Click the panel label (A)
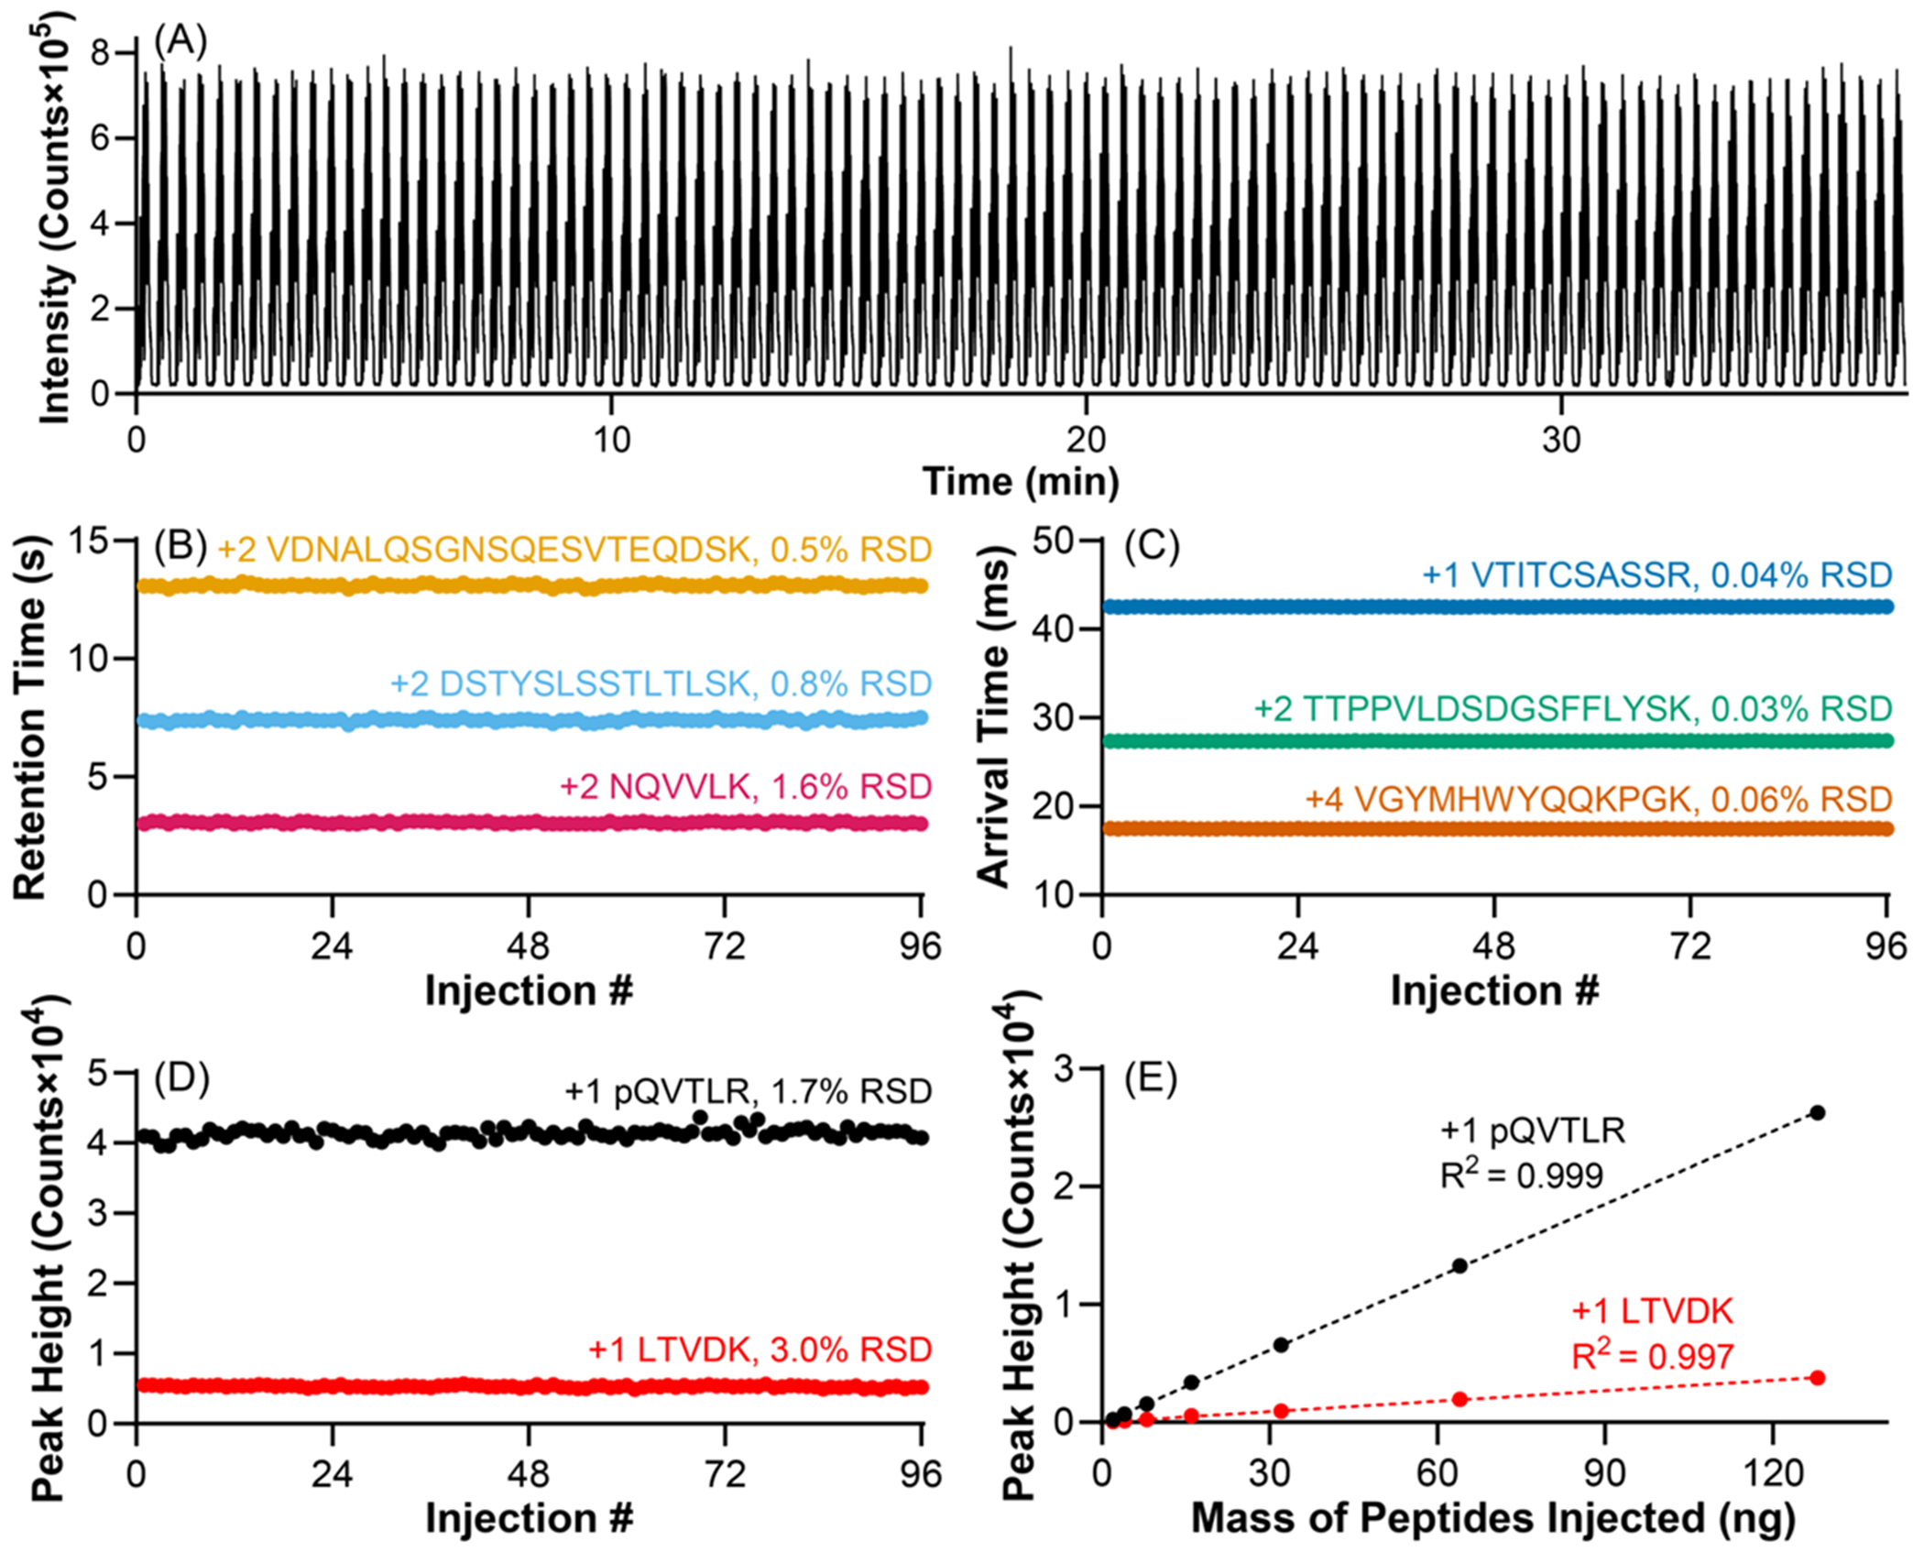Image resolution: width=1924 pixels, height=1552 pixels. coord(180,42)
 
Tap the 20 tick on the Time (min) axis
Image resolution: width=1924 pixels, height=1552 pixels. coord(1086,441)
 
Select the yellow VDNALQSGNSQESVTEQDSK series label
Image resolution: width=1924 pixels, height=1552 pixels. coord(574,549)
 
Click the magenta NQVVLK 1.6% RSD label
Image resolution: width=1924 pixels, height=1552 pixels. coord(746,786)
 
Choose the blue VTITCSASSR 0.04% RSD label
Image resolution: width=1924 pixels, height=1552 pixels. coord(1656,574)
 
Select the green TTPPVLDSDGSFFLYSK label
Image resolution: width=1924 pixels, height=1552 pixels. coord(1572,708)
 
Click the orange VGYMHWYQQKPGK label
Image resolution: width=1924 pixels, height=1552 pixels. coord(1598,799)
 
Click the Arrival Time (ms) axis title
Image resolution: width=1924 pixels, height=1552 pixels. coord(994,716)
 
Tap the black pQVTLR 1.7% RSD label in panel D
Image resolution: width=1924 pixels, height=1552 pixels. coord(748,1091)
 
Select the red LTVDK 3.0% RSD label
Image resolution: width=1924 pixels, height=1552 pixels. coord(760,1350)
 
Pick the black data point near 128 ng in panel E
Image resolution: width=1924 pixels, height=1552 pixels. coord(1818,1112)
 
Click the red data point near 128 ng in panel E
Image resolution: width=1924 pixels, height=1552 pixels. coord(1818,1378)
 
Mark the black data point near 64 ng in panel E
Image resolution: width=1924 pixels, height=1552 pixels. coord(1459,1265)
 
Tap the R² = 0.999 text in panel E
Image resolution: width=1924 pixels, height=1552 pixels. coord(1522,1175)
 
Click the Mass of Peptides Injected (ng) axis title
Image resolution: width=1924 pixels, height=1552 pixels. coord(1492,1518)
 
